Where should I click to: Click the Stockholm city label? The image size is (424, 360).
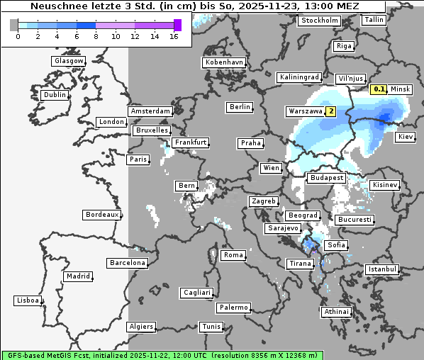[319, 21]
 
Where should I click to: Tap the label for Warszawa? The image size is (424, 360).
[305, 112]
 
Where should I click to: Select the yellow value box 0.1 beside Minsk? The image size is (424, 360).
[379, 89]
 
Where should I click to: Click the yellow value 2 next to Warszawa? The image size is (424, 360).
[330, 112]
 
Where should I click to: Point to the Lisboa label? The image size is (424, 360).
[28, 300]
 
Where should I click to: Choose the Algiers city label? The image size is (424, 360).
[140, 327]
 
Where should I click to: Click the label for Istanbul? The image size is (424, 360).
[381, 270]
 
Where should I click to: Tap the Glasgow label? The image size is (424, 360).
[68, 61]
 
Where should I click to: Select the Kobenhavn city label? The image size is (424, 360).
[224, 62]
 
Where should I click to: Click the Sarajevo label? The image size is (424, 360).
[283, 229]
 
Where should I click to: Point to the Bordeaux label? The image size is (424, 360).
[101, 214]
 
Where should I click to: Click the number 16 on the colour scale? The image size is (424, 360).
[174, 35]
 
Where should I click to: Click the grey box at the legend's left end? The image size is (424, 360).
[14, 25]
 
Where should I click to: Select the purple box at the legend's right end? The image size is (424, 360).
[177, 25]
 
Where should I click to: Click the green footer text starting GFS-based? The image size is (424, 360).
[162, 354]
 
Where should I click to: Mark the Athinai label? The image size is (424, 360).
[336, 312]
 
